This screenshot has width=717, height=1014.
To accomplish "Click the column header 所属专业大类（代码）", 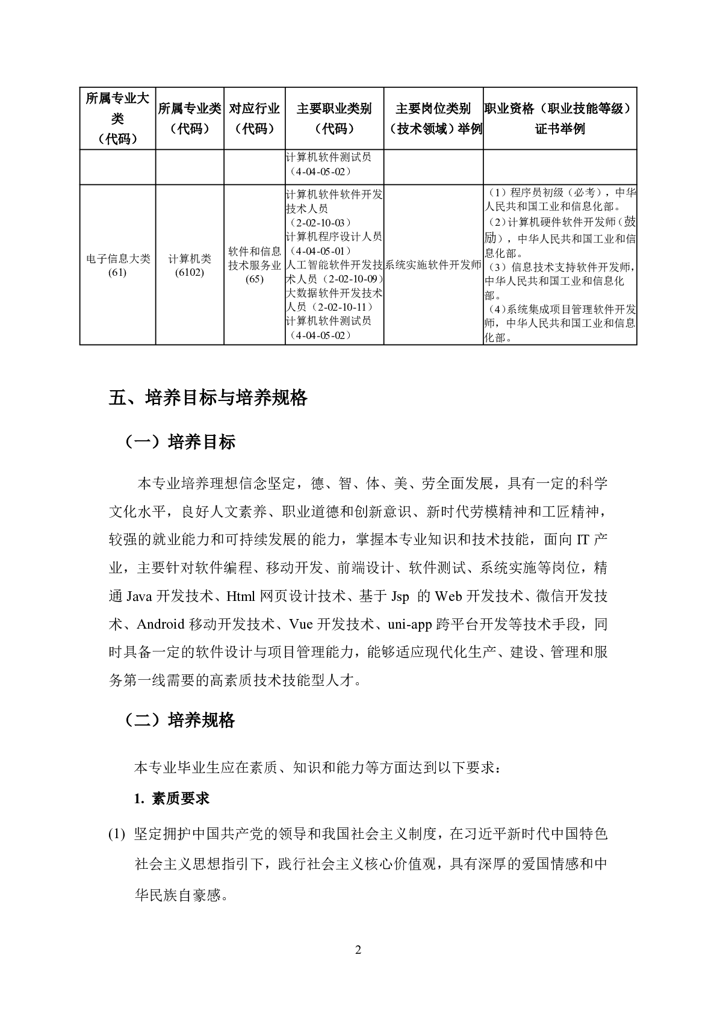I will click(117, 119).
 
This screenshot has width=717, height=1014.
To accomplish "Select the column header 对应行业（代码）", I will click(255, 119).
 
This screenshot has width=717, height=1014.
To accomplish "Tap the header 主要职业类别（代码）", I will click(334, 119).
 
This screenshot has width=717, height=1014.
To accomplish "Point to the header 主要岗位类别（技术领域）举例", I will click(433, 119).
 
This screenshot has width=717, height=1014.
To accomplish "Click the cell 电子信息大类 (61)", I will click(117, 266).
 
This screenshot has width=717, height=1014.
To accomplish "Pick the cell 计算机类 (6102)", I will click(190, 266).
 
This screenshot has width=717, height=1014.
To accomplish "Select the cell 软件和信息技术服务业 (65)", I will click(255, 265).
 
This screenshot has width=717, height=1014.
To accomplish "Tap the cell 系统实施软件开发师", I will click(433, 265).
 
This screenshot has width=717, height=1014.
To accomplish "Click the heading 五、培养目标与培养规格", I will click(208, 398).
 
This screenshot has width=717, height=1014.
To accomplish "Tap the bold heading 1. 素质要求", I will click(172, 798).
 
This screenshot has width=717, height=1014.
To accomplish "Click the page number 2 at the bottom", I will click(358, 950).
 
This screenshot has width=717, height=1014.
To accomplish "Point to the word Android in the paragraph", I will click(160, 624).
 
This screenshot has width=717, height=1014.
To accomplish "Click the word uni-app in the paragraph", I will click(409, 624).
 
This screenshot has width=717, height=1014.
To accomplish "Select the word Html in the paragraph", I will click(241, 596).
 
